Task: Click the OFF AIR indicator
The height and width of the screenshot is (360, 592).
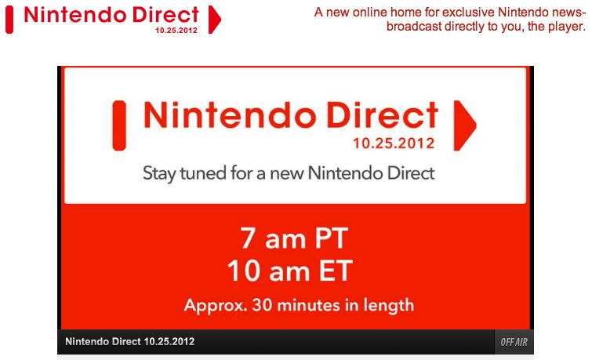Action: (514, 342)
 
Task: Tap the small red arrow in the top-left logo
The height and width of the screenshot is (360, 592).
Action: (214, 20)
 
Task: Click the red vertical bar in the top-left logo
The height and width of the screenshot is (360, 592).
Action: (9, 20)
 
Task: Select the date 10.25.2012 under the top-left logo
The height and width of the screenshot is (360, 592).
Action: (176, 31)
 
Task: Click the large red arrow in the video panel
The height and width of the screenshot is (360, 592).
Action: (464, 125)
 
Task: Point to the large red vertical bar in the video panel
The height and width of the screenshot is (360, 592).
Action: (119, 125)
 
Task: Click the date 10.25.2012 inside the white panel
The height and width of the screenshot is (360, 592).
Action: (394, 144)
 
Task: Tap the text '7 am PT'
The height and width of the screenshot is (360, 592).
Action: (294, 238)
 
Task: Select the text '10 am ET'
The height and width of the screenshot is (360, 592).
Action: (290, 271)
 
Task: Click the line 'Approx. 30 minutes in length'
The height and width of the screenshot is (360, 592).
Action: (299, 305)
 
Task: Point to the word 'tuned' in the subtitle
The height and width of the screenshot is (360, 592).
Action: (203, 173)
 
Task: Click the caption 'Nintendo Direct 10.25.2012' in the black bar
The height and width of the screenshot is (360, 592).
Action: (130, 341)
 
